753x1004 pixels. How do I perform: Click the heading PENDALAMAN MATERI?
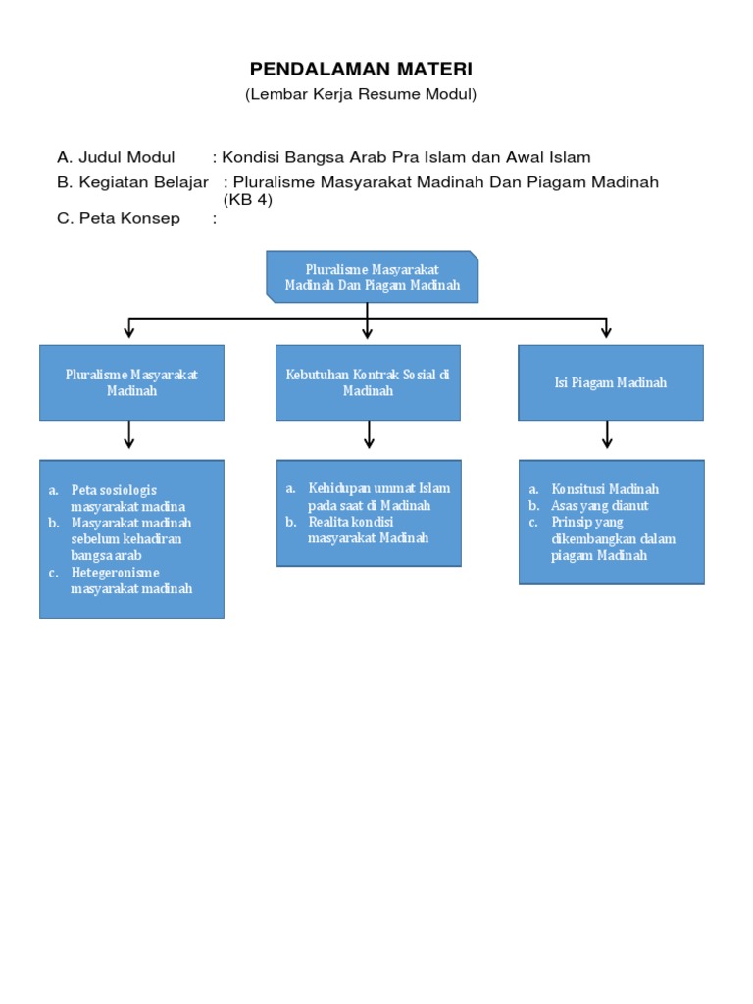361,69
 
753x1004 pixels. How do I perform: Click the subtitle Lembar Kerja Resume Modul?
361,94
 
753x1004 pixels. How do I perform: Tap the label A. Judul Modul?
116,157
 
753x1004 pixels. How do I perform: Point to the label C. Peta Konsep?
119,218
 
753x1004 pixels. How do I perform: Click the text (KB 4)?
247,200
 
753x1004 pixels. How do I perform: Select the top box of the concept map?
373,276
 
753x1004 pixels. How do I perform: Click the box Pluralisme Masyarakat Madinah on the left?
131,382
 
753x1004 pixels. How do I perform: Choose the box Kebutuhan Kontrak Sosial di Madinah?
368,382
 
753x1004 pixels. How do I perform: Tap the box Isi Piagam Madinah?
610,382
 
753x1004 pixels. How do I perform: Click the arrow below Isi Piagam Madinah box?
607,434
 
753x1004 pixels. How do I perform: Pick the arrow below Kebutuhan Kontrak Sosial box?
369,434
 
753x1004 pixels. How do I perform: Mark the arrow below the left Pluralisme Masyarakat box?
129,434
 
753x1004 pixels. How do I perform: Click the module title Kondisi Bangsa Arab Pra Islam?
406,157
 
